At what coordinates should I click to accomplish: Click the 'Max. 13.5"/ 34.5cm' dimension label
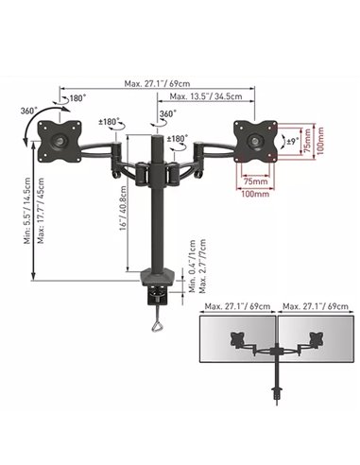206,96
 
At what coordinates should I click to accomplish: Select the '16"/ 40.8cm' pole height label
123,208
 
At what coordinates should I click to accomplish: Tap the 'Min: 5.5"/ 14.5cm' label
27,211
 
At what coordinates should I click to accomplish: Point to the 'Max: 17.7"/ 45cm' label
41,211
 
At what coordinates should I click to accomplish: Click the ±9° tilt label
293,142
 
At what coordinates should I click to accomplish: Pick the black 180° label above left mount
77,98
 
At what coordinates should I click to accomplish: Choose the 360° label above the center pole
168,113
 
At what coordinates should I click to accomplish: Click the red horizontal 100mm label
255,194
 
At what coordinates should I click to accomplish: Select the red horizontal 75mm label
255,181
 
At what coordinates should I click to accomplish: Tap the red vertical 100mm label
320,141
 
